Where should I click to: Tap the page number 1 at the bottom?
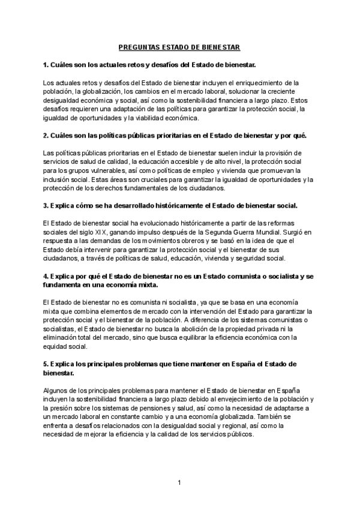[x=179, y=483]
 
